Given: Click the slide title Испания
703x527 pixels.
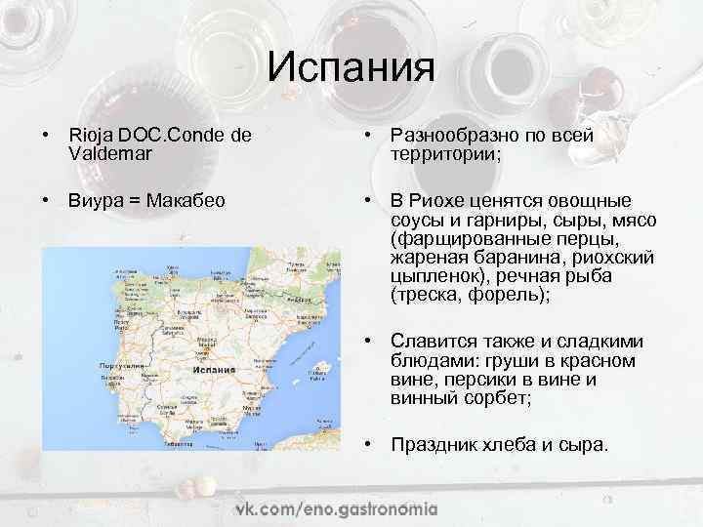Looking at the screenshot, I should coord(351,68).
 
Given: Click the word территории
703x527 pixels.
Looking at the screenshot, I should coord(444,154).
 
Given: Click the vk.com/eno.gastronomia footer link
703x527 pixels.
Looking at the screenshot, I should coord(336,509).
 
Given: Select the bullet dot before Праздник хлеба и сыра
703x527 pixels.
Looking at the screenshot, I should coord(370,444).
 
